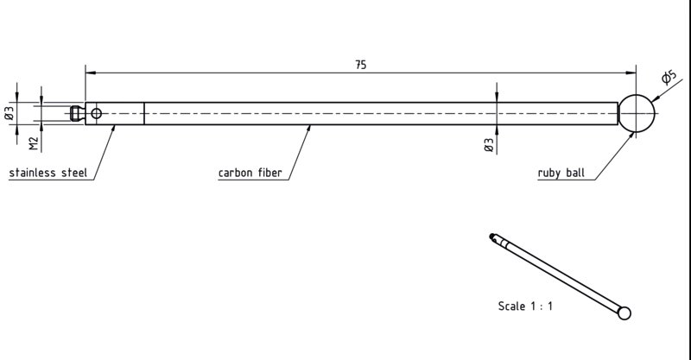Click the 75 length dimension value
coord(360,65)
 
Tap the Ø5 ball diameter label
coord(669,77)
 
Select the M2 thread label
coord(34,143)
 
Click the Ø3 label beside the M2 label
coord(10,113)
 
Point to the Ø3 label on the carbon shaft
coord(489,145)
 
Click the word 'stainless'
coord(33,173)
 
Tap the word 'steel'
coord(74,173)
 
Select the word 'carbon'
coord(235,173)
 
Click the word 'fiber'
coord(270,173)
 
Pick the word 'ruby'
coord(549,173)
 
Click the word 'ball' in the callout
coord(575,173)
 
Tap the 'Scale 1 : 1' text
coord(525,306)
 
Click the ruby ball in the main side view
coord(637,113)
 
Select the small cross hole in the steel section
coord(96,114)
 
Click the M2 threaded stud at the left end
coord(78,114)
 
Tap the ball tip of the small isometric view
coord(624,313)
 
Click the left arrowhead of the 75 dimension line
coord(91,73)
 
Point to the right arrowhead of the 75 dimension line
coord(631,73)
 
